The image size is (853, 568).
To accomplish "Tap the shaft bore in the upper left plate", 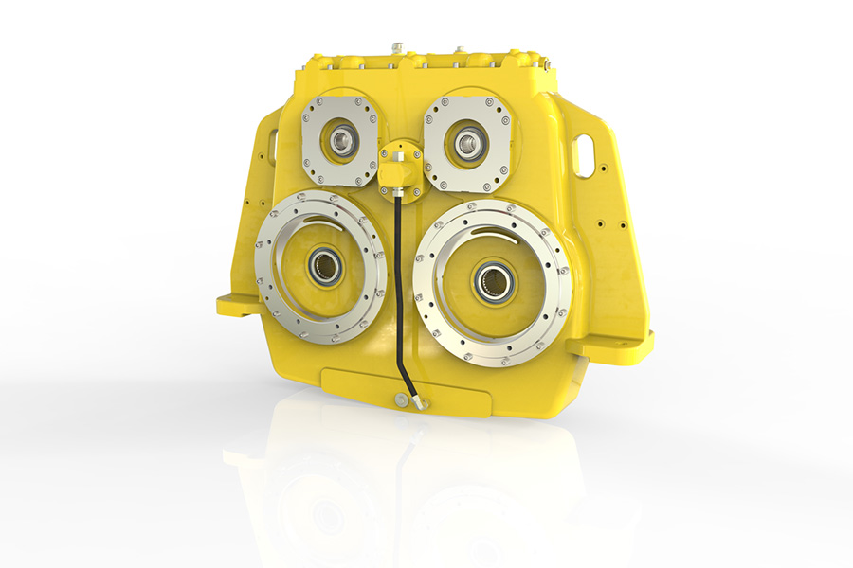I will click(340, 143).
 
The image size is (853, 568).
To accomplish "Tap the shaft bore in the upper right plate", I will click(465, 144).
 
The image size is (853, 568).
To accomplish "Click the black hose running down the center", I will click(398, 284).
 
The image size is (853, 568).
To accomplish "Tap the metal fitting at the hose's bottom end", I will click(417, 401).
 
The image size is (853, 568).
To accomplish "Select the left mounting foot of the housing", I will click(237, 305).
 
